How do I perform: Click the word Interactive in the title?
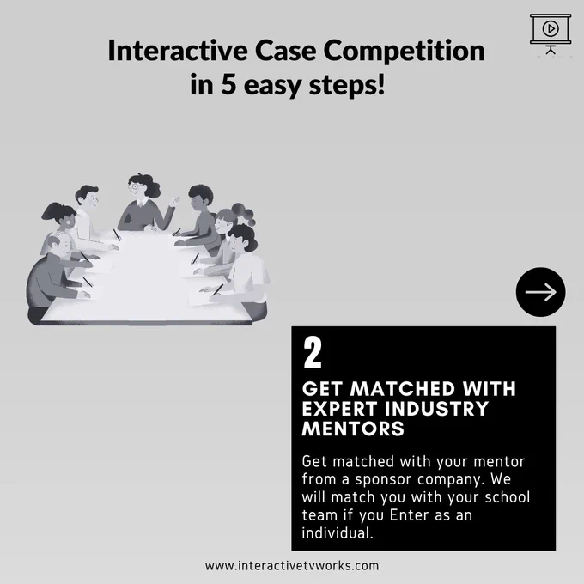tap(178, 51)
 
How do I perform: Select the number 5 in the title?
tap(228, 84)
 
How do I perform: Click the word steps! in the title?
tap(347, 85)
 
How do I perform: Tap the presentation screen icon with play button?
tap(551, 33)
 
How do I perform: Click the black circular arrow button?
tap(540, 292)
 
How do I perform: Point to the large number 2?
tap(312, 353)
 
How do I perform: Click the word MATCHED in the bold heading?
tap(403, 389)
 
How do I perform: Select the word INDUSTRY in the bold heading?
tap(436, 409)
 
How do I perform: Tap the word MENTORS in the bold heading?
tap(353, 429)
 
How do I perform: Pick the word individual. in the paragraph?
tap(338, 532)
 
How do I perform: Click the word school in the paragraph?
tap(508, 497)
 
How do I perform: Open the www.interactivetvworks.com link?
tap(292, 566)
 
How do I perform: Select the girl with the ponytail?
tap(62, 228)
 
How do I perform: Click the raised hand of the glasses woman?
tap(174, 202)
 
